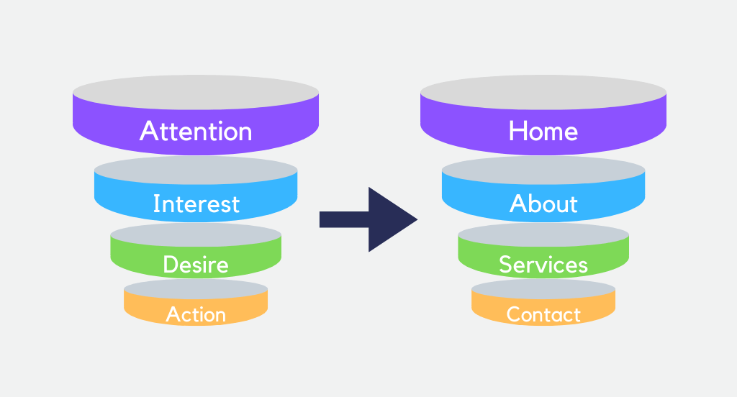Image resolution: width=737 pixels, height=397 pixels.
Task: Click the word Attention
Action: click(x=196, y=131)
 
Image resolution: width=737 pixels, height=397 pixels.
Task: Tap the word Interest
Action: click(x=196, y=204)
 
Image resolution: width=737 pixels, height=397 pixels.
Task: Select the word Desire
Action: click(x=196, y=265)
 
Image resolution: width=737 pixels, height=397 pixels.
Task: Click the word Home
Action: click(x=543, y=131)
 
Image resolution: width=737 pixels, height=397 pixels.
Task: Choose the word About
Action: click(x=543, y=204)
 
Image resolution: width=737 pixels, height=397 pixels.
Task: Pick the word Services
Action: click(x=543, y=265)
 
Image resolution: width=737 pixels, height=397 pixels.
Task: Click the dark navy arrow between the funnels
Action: click(x=368, y=219)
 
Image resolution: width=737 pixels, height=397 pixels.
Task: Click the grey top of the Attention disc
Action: click(x=196, y=92)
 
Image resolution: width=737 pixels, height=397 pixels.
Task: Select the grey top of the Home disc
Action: click(x=543, y=92)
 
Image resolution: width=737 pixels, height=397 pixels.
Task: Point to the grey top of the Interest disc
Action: click(x=196, y=170)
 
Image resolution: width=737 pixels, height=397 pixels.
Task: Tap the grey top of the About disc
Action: click(x=543, y=170)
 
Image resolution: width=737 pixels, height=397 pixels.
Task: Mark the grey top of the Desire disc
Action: click(x=196, y=235)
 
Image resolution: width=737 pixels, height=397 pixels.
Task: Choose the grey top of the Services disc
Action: click(x=543, y=235)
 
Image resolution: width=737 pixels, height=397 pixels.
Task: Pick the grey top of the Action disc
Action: click(x=196, y=289)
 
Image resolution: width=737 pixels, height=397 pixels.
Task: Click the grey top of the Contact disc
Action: click(x=543, y=289)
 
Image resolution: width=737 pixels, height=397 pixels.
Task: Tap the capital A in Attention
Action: click(x=149, y=131)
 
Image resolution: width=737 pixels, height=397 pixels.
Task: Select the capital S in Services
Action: click(x=505, y=265)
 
